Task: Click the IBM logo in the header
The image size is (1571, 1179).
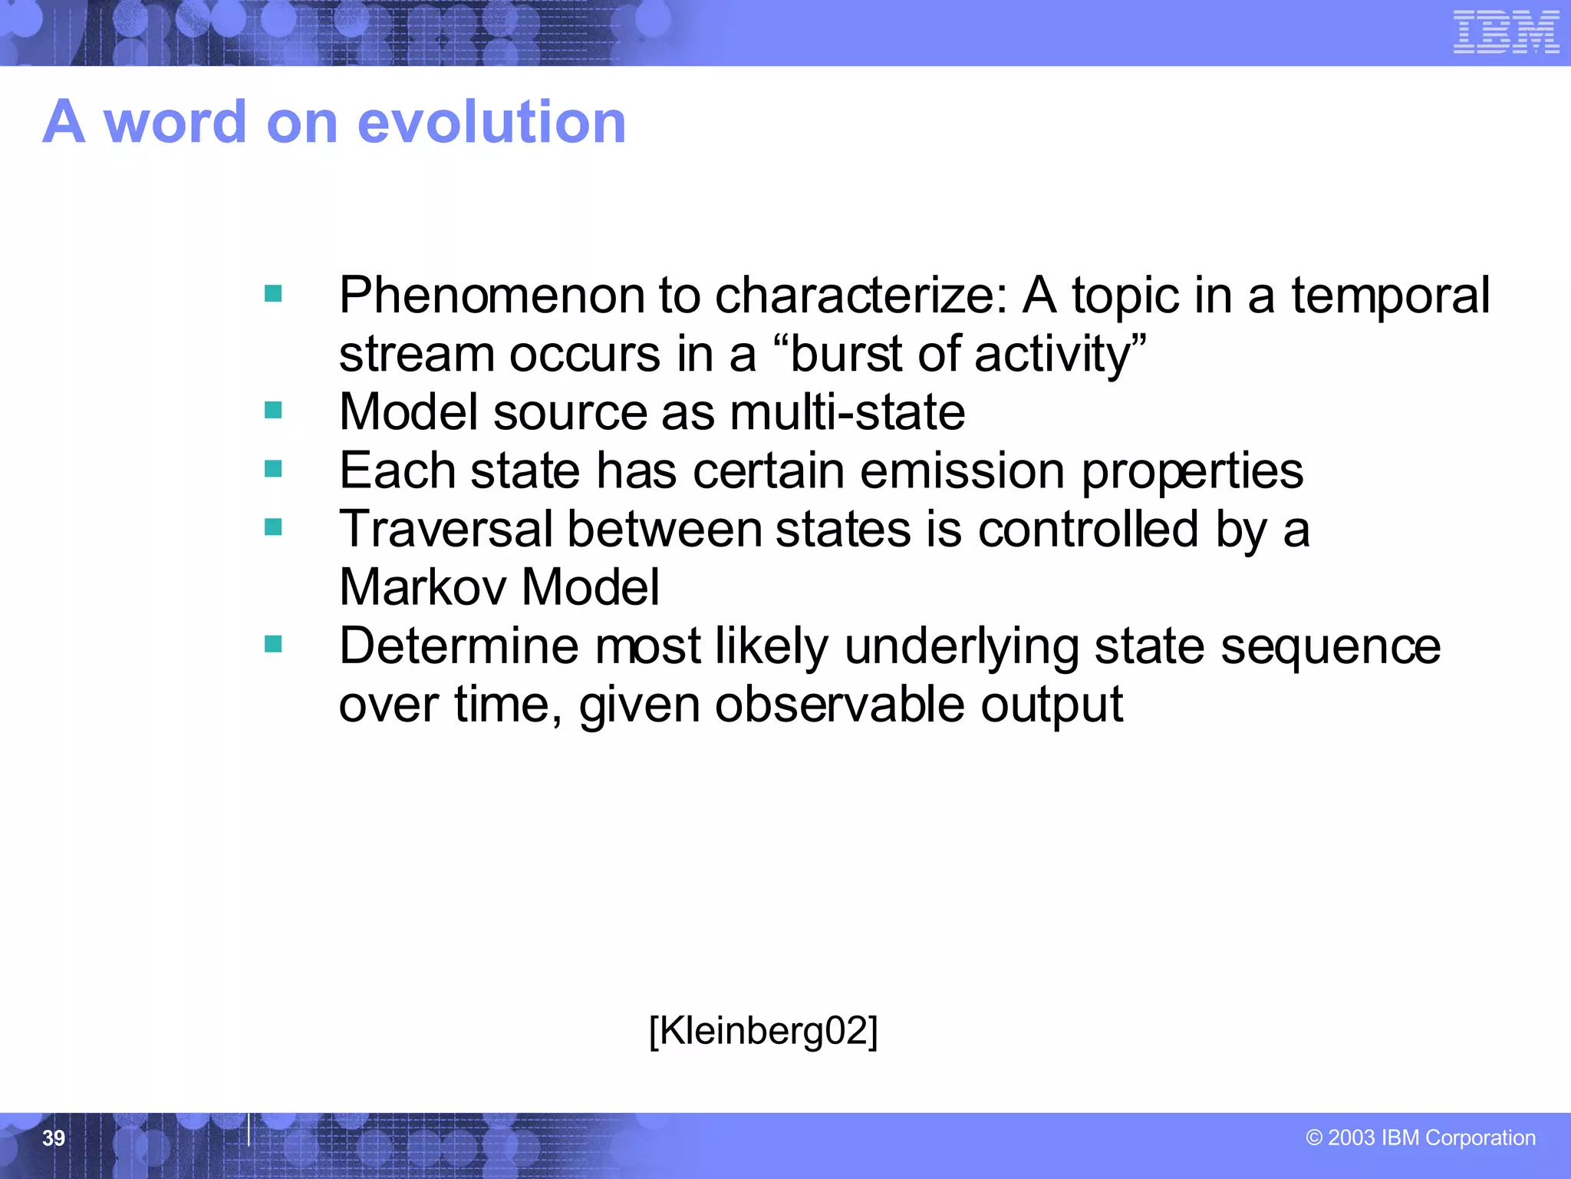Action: (1506, 33)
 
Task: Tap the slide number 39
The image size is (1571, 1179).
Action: (54, 1138)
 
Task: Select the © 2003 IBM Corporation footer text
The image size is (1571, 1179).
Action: (1421, 1138)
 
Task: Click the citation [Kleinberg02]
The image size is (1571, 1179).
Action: (763, 1030)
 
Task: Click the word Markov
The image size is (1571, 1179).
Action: (423, 587)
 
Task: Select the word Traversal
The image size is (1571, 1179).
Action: (446, 529)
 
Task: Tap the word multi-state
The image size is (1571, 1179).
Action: (848, 412)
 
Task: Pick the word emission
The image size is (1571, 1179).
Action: (963, 471)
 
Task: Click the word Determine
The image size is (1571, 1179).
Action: (459, 646)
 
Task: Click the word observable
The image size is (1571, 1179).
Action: (839, 704)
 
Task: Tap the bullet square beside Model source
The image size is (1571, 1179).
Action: (273, 411)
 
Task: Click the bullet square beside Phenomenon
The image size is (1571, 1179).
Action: (273, 293)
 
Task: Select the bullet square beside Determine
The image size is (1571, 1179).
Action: (273, 644)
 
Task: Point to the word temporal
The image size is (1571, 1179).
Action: (1390, 296)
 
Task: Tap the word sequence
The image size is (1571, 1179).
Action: (1331, 646)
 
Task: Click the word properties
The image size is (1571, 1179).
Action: (1192, 471)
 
